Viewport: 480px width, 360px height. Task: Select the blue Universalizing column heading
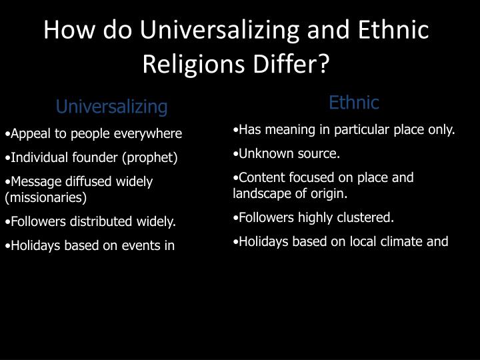click(111, 107)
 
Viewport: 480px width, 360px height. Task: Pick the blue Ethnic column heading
click(353, 103)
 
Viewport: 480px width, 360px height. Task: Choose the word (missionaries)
click(46, 197)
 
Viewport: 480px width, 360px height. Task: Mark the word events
click(138, 245)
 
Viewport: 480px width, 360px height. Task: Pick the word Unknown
click(264, 154)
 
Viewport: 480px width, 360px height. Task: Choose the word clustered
click(367, 217)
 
